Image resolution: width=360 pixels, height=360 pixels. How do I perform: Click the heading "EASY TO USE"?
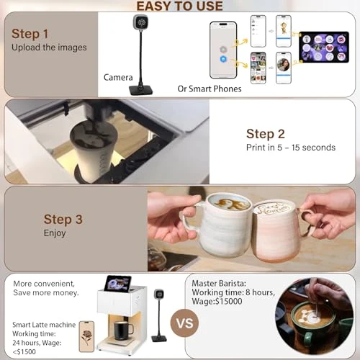pyautogui.click(x=180, y=7)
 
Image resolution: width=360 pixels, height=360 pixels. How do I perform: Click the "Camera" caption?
pyautogui.click(x=118, y=76)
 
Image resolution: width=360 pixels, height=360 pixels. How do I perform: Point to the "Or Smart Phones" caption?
pyautogui.click(x=209, y=89)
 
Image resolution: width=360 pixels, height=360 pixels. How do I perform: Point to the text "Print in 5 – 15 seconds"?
pyautogui.click(x=291, y=148)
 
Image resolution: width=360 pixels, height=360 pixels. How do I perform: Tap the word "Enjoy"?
pyautogui.click(x=55, y=233)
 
